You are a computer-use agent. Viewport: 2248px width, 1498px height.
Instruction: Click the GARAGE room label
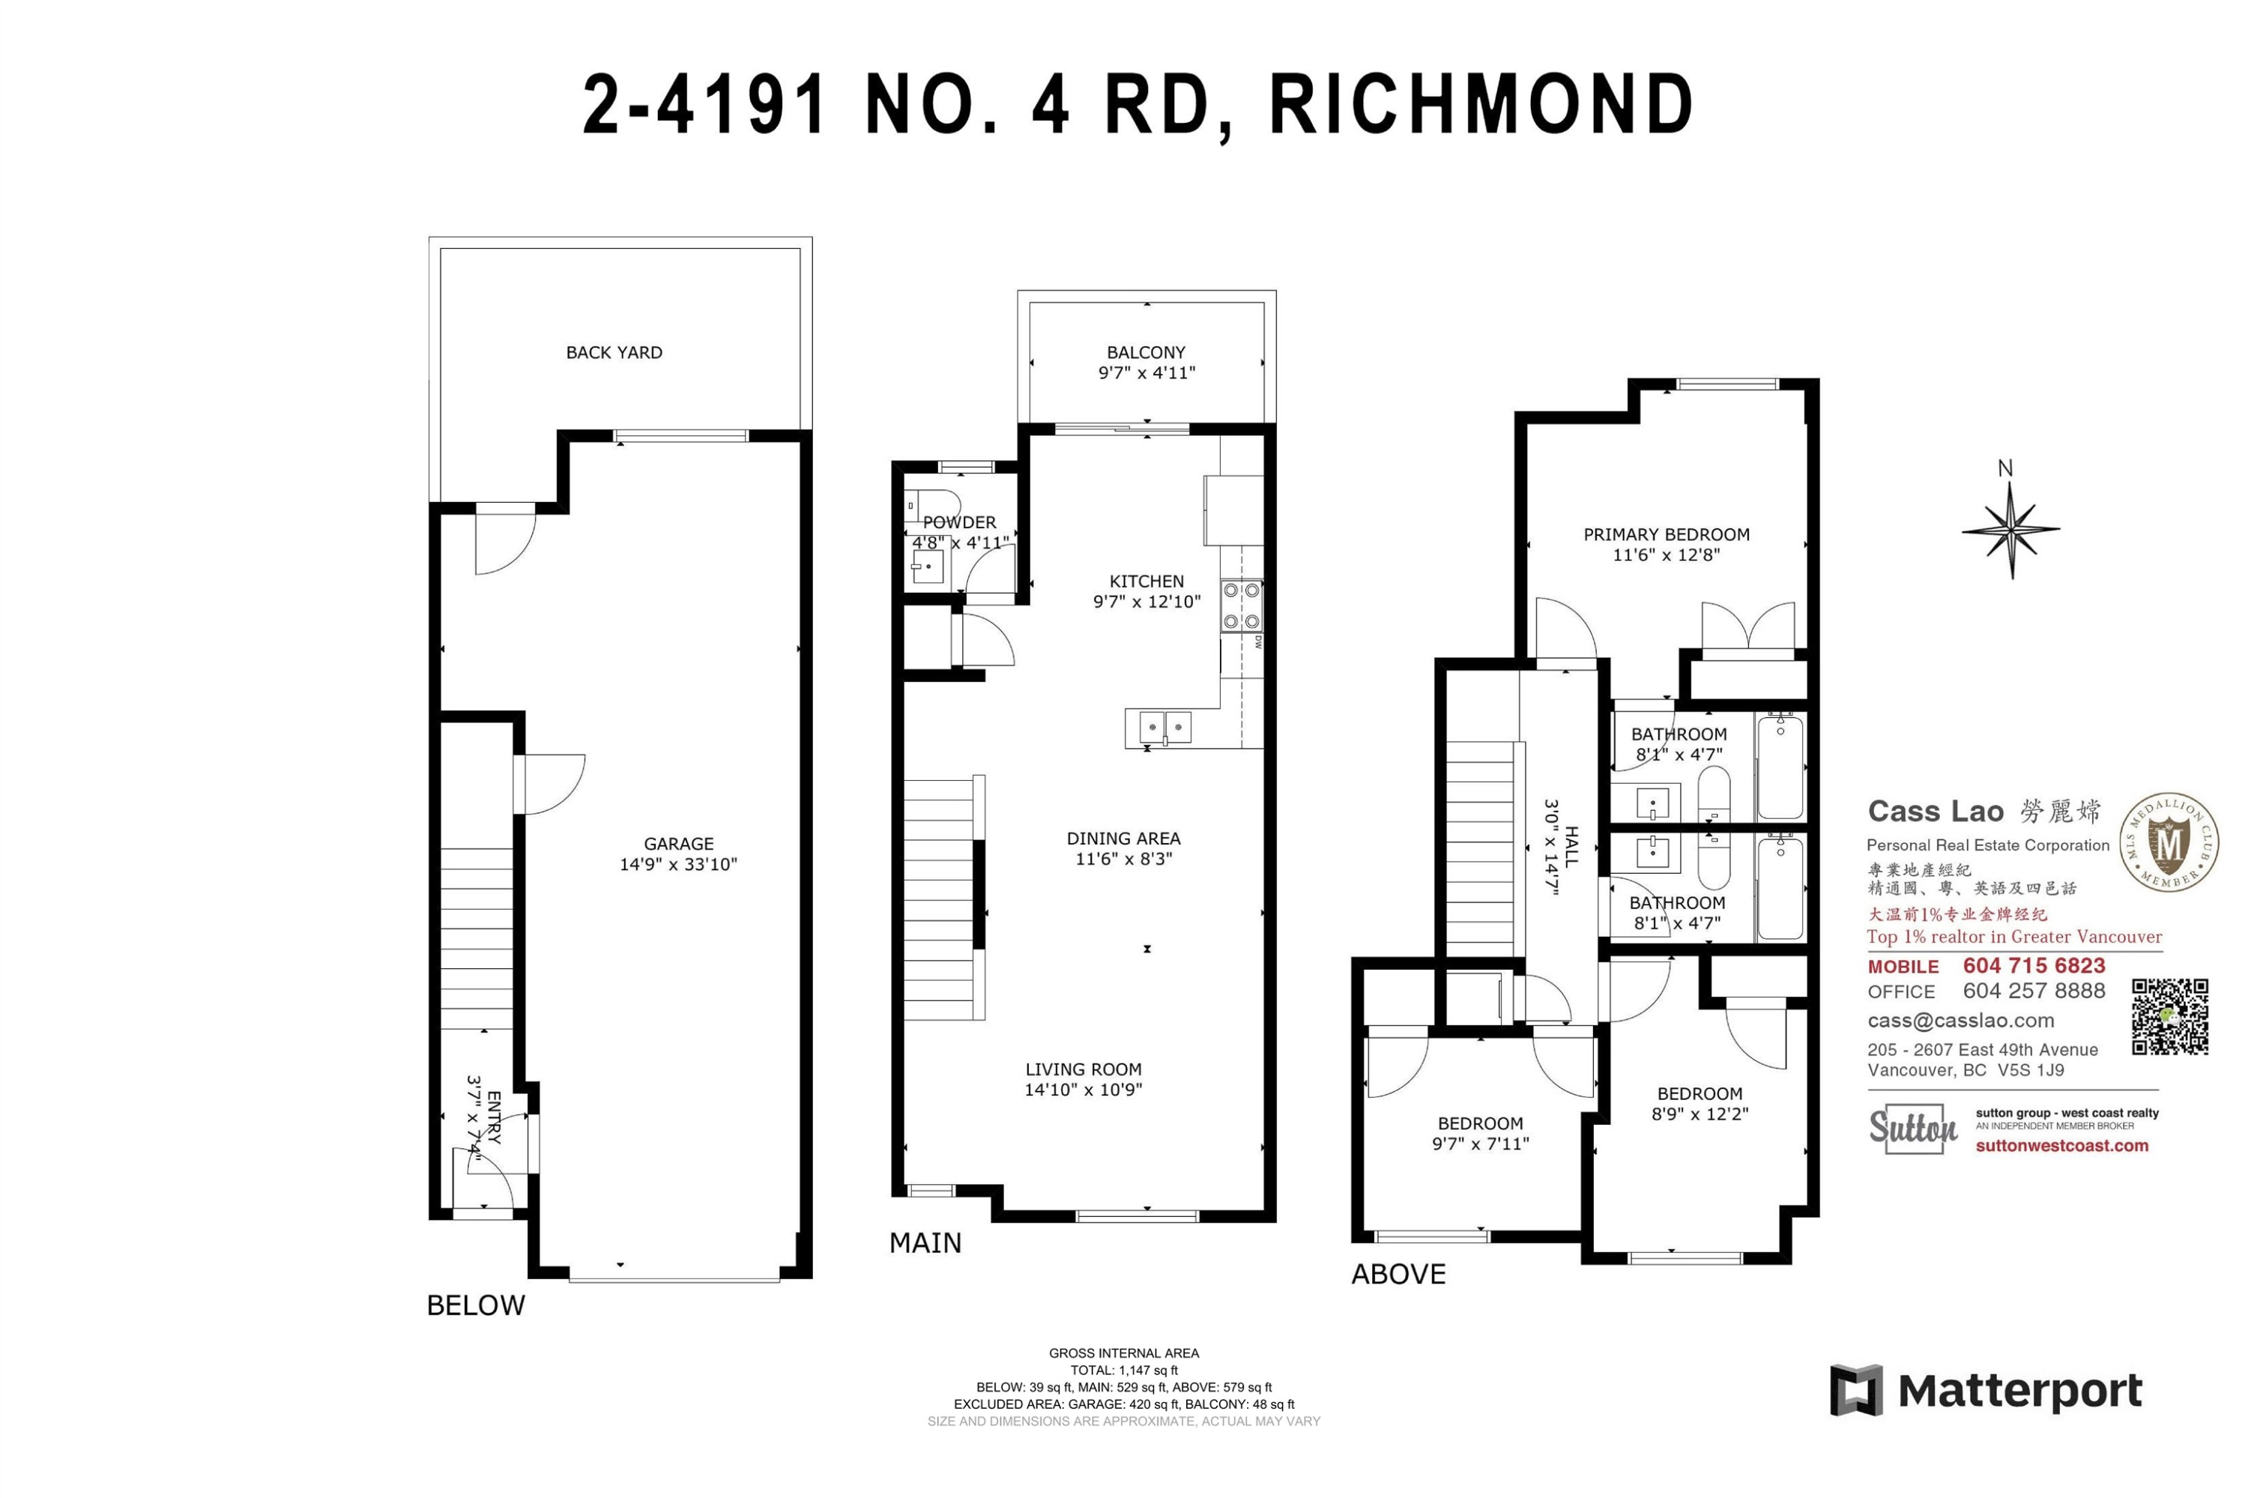point(678,844)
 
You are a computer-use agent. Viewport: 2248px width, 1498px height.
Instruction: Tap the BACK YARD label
point(614,352)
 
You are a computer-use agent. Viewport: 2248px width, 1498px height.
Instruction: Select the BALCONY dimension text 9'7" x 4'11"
point(1146,372)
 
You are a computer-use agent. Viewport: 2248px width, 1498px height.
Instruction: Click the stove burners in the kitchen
point(1241,605)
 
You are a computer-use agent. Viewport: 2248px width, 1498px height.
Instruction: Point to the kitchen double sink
point(1165,728)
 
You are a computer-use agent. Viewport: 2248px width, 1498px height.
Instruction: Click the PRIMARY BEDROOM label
point(1667,534)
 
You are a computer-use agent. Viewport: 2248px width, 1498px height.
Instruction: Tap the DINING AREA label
point(1123,838)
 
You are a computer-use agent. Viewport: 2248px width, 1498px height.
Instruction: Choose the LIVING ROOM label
point(1084,1069)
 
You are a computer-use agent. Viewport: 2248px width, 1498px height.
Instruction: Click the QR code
point(2169,1016)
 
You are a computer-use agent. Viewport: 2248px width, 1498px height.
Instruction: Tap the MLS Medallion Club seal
point(2169,842)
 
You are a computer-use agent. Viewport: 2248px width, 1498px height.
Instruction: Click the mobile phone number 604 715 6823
point(2034,966)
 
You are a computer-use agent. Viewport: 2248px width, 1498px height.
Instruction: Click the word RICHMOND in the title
point(1481,104)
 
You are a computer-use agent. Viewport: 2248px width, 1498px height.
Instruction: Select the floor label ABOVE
point(1399,1273)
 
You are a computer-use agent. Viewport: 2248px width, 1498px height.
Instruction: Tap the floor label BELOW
point(476,1305)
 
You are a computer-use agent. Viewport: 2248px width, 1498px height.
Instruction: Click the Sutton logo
point(1912,1129)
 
